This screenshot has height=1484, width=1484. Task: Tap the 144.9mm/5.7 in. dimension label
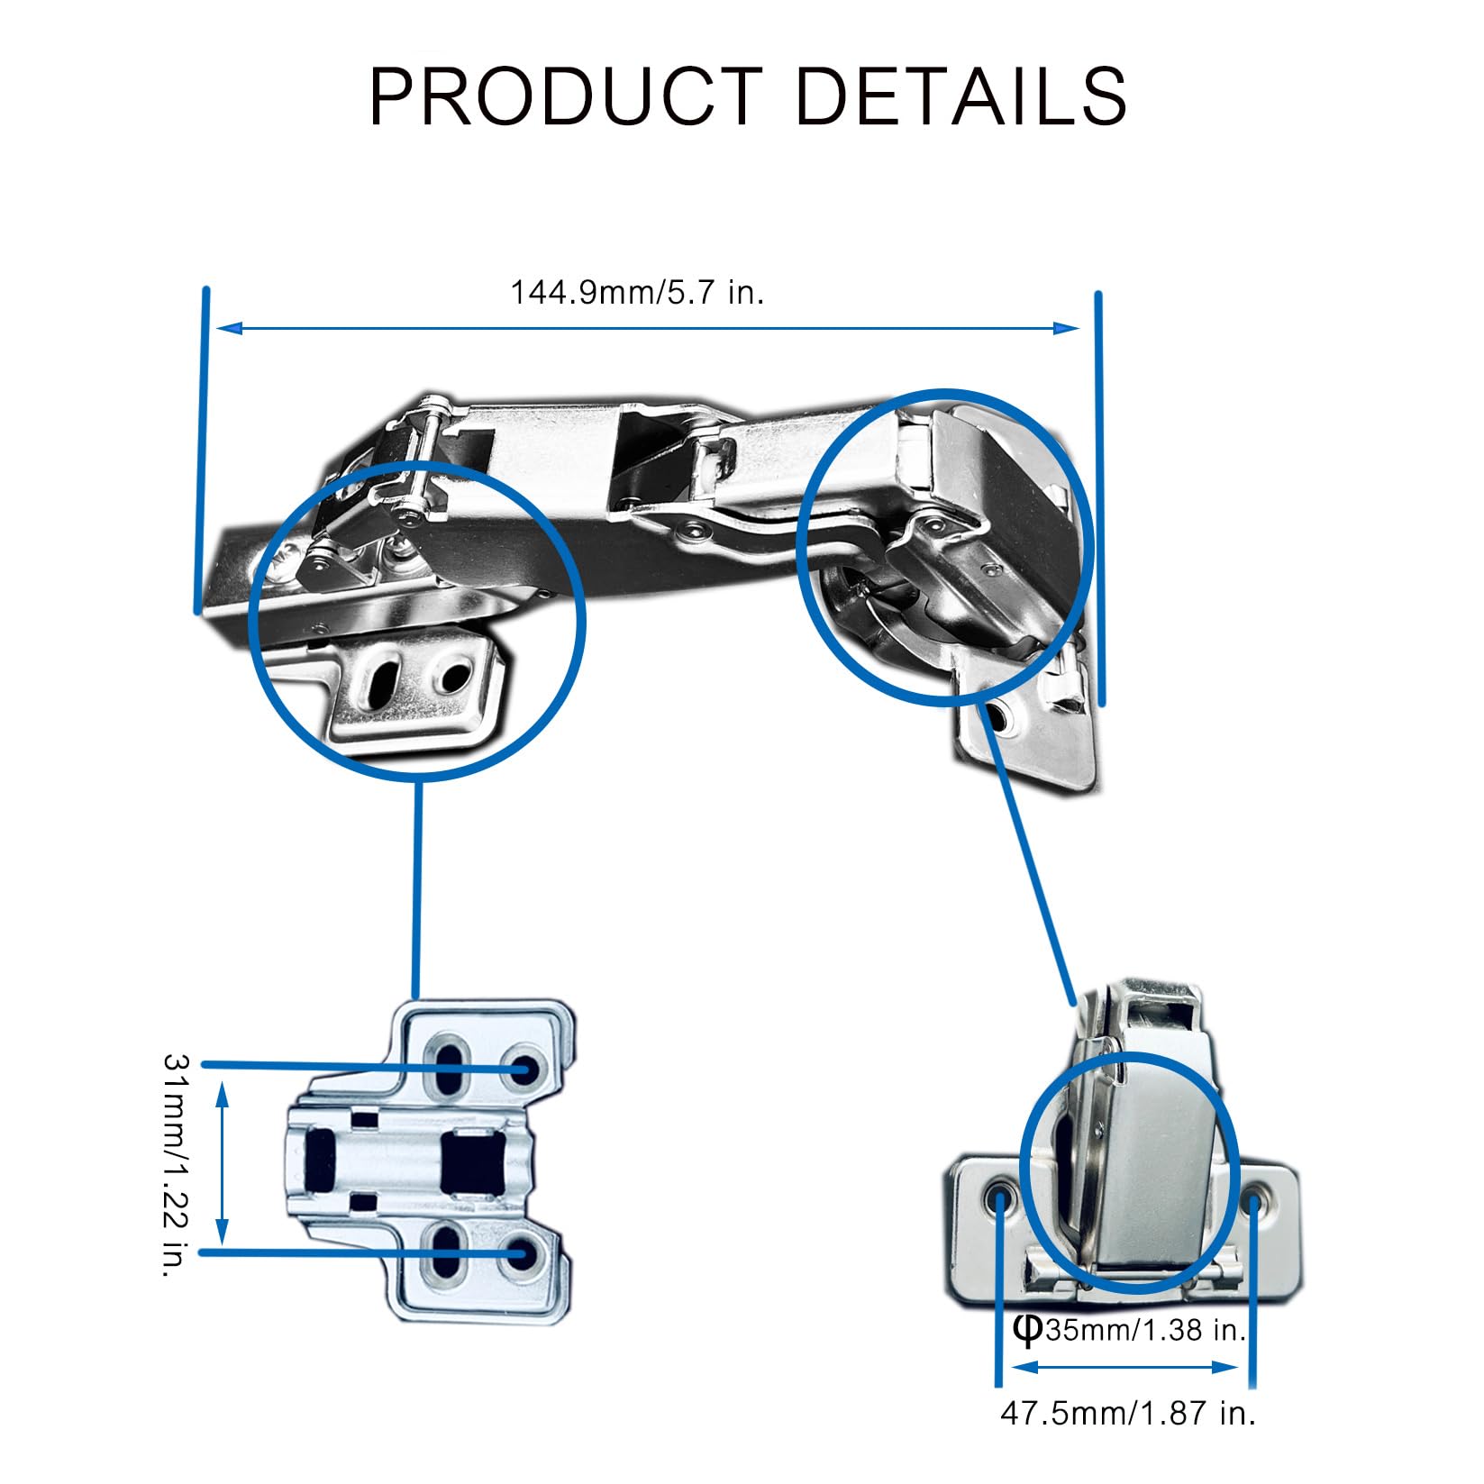tap(637, 293)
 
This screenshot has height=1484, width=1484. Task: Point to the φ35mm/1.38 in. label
tap(1128, 1328)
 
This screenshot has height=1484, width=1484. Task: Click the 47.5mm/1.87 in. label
tap(1128, 1412)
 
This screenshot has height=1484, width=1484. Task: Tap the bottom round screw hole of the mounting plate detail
tap(523, 1252)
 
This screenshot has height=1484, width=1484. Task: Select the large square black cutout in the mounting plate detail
tap(468, 1161)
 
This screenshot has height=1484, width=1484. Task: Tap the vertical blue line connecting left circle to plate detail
tap(417, 888)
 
